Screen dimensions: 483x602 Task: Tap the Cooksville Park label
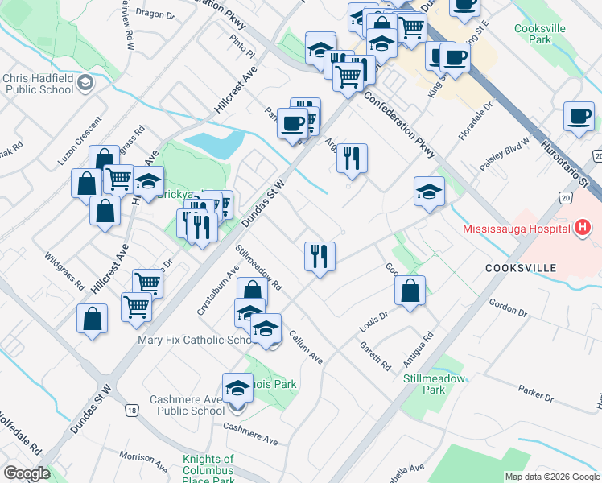point(540,33)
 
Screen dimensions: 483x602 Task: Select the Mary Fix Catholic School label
point(196,341)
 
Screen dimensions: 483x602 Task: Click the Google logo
point(27,473)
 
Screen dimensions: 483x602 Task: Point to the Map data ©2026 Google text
point(551,477)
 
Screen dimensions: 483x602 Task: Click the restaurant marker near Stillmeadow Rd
point(320,257)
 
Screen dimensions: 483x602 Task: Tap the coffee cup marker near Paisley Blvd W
point(579,117)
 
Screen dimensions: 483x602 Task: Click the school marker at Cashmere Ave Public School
point(237,388)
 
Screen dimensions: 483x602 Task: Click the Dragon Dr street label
point(155,14)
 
